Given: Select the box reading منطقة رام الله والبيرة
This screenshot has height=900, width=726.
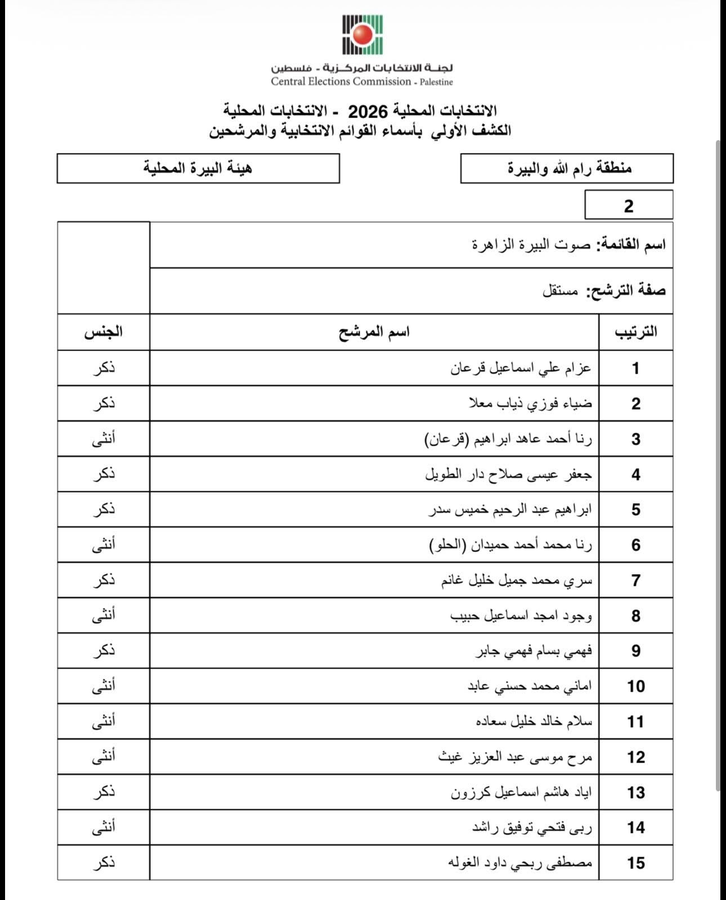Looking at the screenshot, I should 567,168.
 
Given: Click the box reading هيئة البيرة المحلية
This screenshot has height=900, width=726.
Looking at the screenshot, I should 198,168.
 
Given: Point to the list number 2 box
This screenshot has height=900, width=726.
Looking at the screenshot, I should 629,205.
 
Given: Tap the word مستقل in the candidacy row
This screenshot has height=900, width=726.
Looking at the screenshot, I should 560,291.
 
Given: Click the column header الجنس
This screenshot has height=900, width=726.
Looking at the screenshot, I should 104,332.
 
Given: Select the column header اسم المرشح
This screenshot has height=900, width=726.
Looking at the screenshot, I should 374,332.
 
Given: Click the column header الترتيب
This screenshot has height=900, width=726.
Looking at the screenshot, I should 635,332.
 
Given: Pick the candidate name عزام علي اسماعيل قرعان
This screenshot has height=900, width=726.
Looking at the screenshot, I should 521,369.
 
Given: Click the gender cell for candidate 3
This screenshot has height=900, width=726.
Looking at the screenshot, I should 104,439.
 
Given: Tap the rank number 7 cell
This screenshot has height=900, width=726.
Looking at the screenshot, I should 635,580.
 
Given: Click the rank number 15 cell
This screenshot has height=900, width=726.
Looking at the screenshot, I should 635,863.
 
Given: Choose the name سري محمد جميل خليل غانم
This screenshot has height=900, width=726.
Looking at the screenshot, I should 517,580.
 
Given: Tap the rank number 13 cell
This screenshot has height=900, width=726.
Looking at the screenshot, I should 635,792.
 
